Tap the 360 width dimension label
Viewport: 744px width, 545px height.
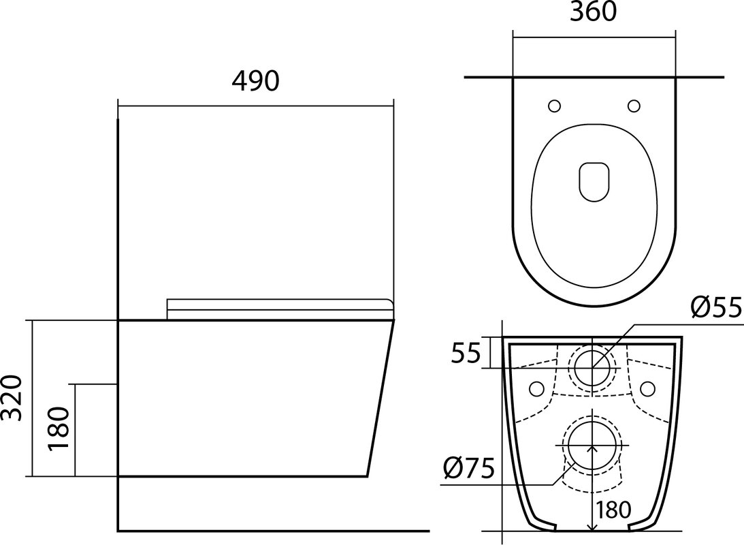593,12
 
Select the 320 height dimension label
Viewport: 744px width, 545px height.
12,398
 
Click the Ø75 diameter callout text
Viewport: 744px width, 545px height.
469,469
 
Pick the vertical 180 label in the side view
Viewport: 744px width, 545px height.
59,429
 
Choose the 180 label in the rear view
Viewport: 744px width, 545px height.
613,510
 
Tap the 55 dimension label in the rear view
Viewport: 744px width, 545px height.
466,353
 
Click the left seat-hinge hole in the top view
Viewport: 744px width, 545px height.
554,106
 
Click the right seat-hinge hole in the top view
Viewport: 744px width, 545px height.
634,106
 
